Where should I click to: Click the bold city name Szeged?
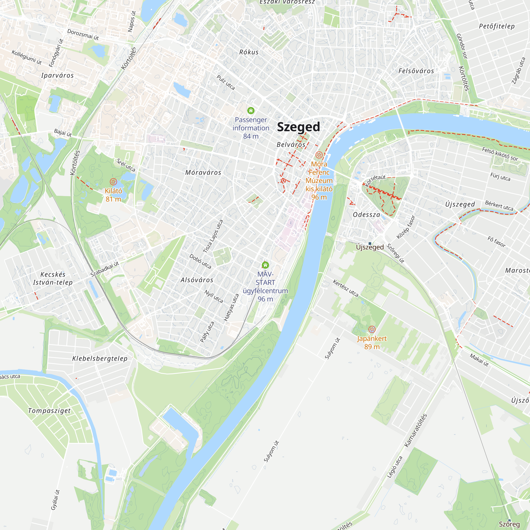pos(298,127)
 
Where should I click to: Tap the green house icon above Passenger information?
pos(251,111)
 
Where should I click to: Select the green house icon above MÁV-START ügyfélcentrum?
pos(265,265)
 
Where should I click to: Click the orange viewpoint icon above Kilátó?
pos(113,182)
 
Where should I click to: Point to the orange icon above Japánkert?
pos(372,329)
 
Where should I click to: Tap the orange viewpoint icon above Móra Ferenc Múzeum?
pos(319,155)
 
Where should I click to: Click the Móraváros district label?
pos(203,173)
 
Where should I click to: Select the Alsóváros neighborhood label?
pos(197,280)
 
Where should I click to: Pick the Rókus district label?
pos(249,52)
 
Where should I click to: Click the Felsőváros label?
pos(416,71)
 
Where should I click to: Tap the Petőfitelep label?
pos(497,26)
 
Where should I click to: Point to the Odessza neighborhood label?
pos(366,215)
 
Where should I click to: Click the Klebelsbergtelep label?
pos(100,359)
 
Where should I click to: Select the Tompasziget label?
pos(49,411)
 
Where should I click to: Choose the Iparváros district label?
pos(57,76)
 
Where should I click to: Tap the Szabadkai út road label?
pos(105,269)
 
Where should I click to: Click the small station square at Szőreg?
pos(509,520)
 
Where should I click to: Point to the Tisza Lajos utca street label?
pos(213,236)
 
